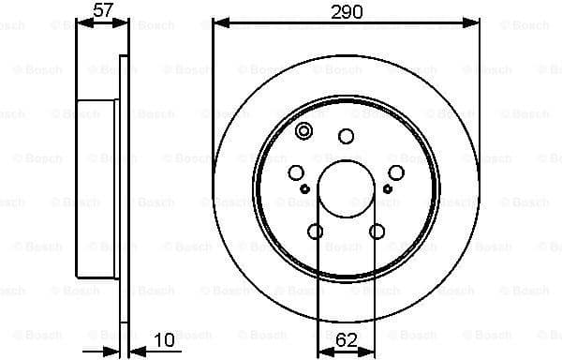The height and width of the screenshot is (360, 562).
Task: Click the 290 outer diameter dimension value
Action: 347,11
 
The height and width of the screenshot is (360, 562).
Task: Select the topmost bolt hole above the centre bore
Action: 347,137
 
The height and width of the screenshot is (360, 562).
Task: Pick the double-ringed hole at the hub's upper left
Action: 303,132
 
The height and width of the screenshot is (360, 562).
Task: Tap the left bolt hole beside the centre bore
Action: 297,172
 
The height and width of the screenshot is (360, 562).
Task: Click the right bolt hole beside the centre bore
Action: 396,172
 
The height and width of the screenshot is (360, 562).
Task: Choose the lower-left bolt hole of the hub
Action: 316,231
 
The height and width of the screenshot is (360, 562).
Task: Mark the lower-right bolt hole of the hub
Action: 377,231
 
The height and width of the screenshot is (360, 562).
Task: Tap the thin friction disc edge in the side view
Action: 123,187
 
